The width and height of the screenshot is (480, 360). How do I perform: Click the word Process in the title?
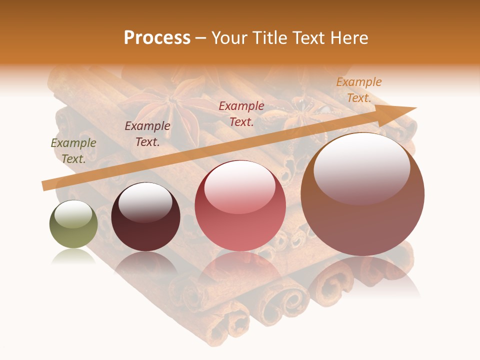point(157,38)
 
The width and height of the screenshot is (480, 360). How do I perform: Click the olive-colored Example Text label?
point(73,151)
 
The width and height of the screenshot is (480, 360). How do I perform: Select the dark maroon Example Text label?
point(147,134)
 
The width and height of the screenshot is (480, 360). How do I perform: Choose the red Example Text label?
point(241,113)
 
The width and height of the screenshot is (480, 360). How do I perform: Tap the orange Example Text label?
point(358,90)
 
